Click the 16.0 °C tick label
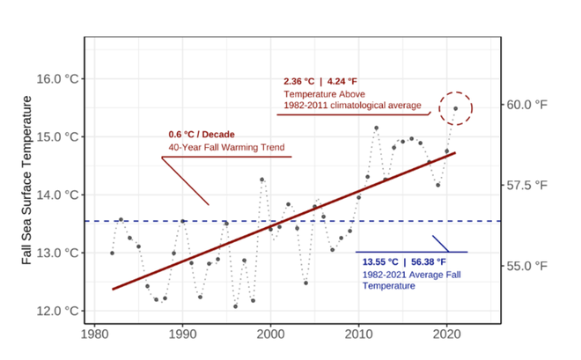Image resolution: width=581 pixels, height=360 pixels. [57, 78]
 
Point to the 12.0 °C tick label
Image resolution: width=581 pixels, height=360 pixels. [57, 311]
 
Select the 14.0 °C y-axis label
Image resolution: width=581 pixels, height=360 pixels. [57, 195]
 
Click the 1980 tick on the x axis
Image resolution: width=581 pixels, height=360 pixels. [94, 334]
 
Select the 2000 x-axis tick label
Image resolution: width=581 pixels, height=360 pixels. [270, 334]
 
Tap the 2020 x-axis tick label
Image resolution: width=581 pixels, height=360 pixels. [446, 334]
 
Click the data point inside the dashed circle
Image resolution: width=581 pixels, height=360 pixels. [455, 108]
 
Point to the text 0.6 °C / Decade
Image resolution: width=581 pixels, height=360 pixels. [200, 135]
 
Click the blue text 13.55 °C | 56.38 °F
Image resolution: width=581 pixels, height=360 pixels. [404, 261]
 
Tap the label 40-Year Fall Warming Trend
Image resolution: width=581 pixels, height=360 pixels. [227, 147]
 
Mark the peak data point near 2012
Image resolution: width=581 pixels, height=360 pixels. [376, 128]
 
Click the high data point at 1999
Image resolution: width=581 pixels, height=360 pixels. [261, 180]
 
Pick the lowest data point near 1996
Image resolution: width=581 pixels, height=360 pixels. [235, 306]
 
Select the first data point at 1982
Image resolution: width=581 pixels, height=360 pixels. [112, 253]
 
